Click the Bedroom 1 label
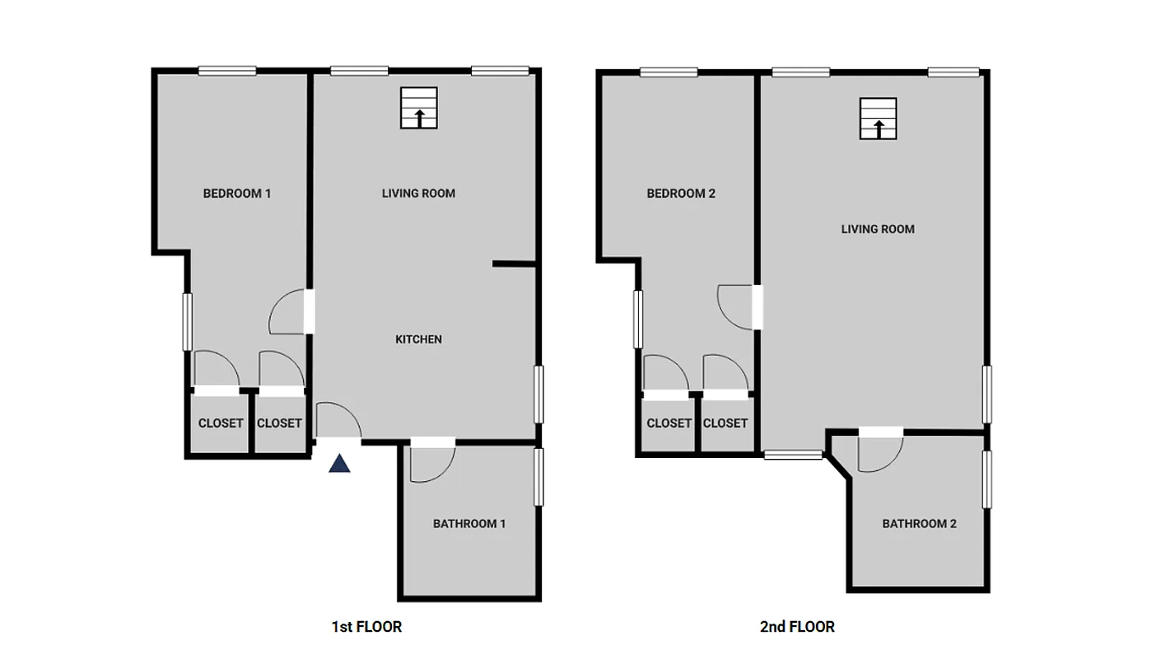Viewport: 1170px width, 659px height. [237, 194]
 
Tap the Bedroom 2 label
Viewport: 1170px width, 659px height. [681, 194]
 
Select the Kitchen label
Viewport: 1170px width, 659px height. [418, 339]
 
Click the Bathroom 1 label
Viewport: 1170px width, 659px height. [469, 524]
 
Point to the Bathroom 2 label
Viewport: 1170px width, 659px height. [919, 524]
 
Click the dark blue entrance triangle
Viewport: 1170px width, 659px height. [340, 464]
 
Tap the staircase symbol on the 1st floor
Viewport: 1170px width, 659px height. [419, 108]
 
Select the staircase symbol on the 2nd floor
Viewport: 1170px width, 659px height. [879, 119]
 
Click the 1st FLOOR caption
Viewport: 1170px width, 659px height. [366, 627]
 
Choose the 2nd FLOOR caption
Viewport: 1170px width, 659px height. [797, 627]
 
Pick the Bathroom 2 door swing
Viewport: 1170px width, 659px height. [879, 452]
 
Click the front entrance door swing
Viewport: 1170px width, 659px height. [338, 420]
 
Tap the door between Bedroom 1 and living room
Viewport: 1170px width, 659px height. [290, 312]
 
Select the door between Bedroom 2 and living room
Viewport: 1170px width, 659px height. [737, 306]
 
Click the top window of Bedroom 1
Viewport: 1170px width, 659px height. [227, 71]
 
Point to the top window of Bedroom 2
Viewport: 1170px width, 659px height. [669, 72]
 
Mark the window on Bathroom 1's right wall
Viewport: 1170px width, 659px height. [539, 476]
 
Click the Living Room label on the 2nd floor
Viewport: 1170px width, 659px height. [878, 229]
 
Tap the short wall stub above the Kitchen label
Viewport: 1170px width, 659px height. [515, 264]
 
